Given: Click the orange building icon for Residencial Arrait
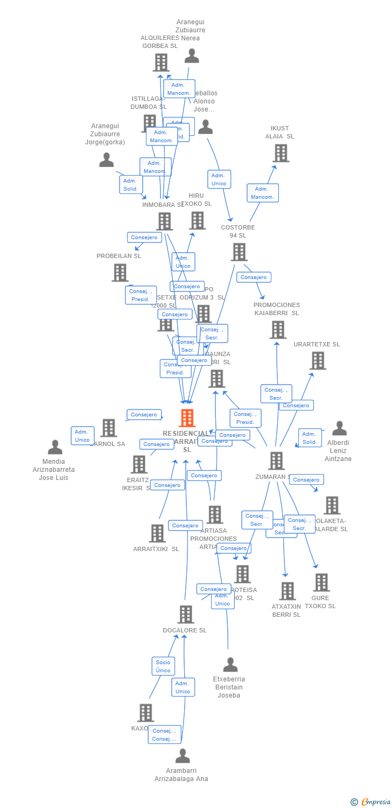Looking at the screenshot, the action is click(x=187, y=418).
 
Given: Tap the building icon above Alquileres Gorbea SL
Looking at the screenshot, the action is click(x=161, y=62).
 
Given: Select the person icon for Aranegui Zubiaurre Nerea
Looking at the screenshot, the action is click(x=191, y=56).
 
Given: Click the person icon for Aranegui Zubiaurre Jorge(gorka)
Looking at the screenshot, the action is click(x=107, y=160).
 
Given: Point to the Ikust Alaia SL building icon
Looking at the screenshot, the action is click(x=281, y=154).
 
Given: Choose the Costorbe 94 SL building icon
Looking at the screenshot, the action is click(x=239, y=252).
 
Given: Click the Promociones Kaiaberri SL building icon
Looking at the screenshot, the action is click(x=278, y=330).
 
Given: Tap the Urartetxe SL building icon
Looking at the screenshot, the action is click(x=318, y=360).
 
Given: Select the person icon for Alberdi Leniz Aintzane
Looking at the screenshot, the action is click(x=339, y=429).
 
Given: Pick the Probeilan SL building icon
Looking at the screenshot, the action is click(x=120, y=273).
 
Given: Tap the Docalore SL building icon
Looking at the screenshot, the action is click(x=185, y=614).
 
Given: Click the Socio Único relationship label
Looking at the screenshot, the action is click(x=163, y=666).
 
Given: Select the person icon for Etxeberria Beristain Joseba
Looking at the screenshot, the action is click(x=230, y=665).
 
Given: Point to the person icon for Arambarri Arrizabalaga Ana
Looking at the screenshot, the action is click(x=183, y=756).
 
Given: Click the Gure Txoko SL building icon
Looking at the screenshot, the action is click(x=321, y=582).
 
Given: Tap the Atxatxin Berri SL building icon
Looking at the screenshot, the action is click(x=288, y=591).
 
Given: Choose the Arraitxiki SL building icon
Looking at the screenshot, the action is click(x=157, y=533).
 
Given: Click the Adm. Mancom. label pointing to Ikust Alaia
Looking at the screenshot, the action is click(x=263, y=193).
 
